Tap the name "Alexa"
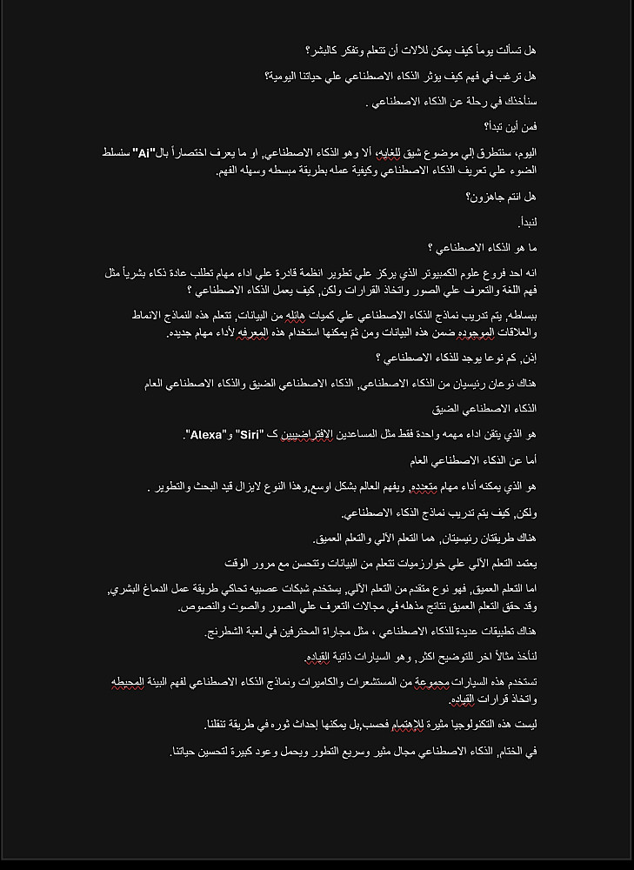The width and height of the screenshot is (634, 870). coord(206,433)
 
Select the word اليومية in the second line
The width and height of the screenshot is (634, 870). coord(284,77)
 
